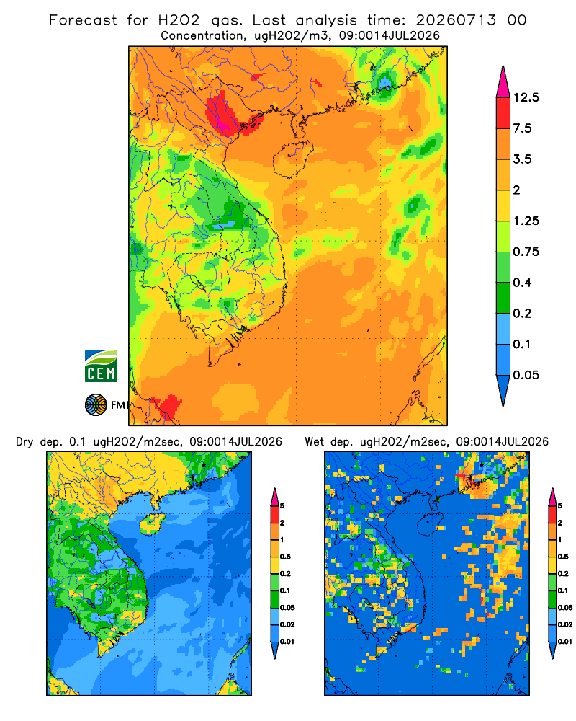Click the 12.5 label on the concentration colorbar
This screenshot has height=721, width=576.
pos(526,97)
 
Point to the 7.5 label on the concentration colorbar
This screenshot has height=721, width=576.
pos(522,128)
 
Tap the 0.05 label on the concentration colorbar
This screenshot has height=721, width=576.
pos(526,375)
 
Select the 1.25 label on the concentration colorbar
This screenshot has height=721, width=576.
pos(526,221)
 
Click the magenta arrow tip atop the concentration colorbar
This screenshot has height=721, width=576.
pos(503,81)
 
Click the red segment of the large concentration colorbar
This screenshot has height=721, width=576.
pos(503,113)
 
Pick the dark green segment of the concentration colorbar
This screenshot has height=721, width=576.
pos(503,298)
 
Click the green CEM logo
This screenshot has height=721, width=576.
pos(101,366)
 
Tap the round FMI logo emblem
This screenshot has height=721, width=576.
pos(96,405)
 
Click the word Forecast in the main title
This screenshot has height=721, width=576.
pos(83,20)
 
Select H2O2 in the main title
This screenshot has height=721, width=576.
pos(179,20)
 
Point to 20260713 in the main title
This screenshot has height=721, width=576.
pos(456,20)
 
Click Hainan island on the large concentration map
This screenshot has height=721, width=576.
pos(292,159)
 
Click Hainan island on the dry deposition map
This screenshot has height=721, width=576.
pos(153,523)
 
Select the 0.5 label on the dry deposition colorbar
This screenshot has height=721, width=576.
pos(285,557)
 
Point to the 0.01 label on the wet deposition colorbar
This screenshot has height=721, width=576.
pos(565,642)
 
